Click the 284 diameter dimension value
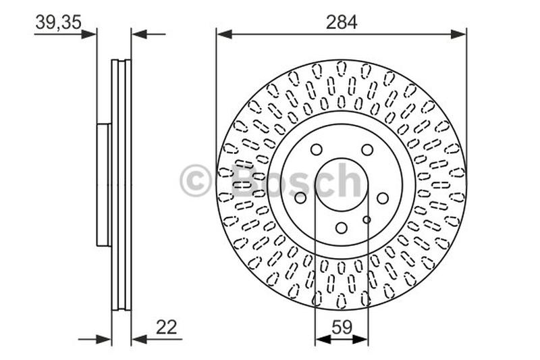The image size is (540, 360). (x=341, y=22)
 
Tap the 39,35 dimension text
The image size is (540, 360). (x=58, y=22)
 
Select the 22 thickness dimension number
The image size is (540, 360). (x=166, y=328)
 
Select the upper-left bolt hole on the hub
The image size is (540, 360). (x=316, y=150)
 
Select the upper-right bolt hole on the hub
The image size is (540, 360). (x=367, y=150)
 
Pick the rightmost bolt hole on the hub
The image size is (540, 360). (x=383, y=198)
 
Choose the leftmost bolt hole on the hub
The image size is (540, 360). (x=300, y=198)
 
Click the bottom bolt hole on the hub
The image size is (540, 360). (x=342, y=228)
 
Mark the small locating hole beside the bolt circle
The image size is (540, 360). (x=367, y=220)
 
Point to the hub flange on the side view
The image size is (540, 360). (x=103, y=184)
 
